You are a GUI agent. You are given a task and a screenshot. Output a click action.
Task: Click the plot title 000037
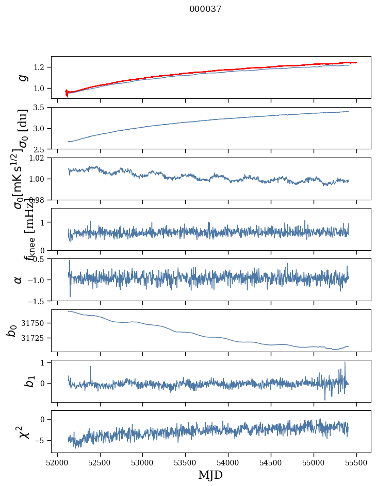tap(205, 9)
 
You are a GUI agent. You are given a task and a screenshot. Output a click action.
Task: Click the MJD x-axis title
tap(210, 475)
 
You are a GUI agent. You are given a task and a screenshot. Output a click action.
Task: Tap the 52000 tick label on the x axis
tap(57, 463)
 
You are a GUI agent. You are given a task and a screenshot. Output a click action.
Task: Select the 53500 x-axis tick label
tap(186, 463)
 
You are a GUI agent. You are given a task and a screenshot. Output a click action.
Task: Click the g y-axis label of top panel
tap(22, 77)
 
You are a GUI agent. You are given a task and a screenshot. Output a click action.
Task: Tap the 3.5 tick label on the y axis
tap(41, 108)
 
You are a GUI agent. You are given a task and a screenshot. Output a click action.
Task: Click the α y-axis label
tap(18, 280)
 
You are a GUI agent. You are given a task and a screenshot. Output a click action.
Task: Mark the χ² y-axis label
tap(22, 431)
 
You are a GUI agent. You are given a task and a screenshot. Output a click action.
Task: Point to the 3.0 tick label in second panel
tap(41, 128)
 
